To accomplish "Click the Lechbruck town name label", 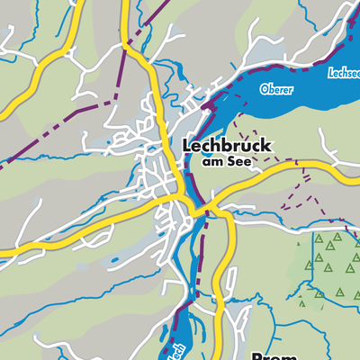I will coord(227,145).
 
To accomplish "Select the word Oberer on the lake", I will coord(276,89).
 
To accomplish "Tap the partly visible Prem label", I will coord(269,354).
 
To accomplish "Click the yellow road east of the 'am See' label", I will coord(297,166).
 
